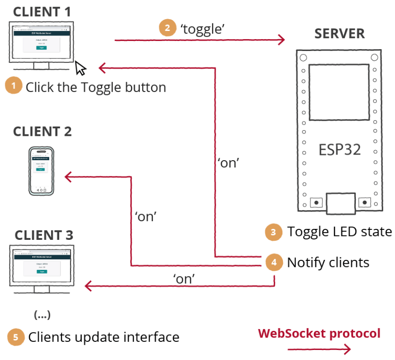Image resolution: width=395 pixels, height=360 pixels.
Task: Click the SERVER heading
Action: click(x=339, y=34)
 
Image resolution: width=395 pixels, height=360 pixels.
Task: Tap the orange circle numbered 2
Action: click(x=167, y=28)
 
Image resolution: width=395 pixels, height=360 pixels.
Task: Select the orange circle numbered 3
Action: click(x=273, y=232)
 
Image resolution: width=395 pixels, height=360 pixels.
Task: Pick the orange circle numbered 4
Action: click(x=273, y=262)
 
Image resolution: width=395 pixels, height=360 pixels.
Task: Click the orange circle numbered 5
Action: click(x=15, y=337)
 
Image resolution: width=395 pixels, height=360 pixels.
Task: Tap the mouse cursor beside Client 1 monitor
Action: click(x=81, y=68)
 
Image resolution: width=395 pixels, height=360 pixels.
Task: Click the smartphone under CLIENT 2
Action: click(x=42, y=170)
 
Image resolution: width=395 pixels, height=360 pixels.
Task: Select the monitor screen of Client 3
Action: click(x=41, y=266)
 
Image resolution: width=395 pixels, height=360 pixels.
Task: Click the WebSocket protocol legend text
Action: click(x=319, y=333)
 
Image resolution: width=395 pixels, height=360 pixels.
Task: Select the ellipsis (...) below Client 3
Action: click(x=42, y=315)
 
